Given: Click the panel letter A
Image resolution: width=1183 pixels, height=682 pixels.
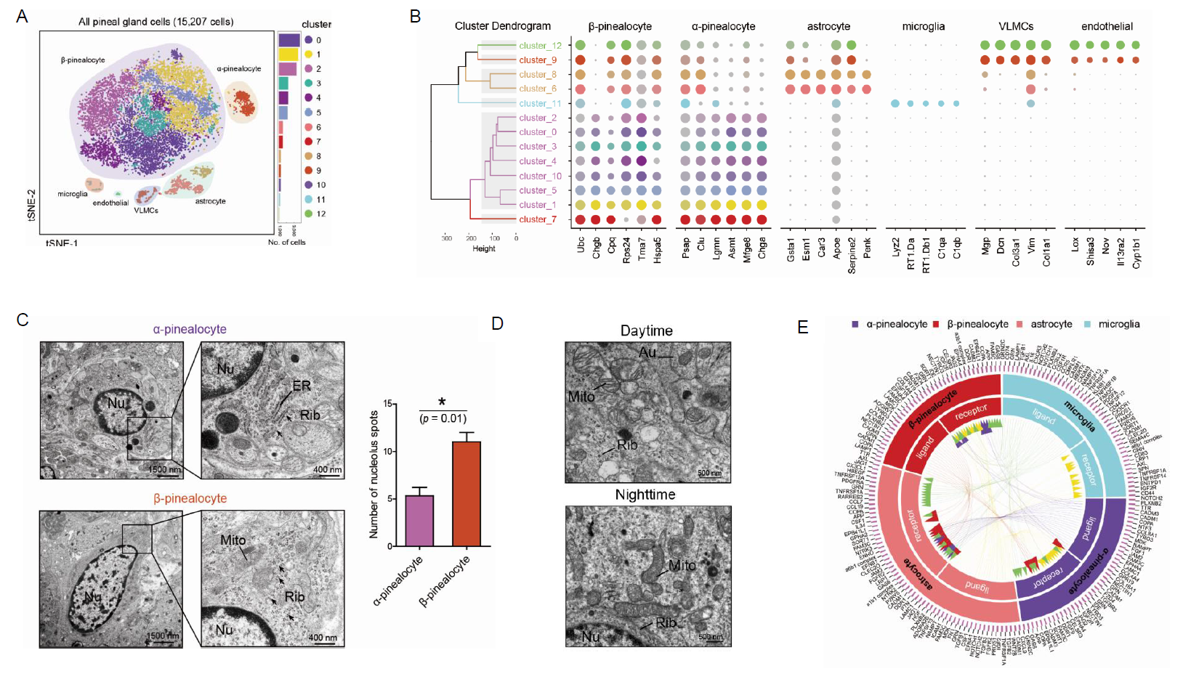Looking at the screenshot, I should (22, 16).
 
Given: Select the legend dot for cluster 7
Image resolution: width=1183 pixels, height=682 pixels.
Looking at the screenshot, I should (309, 142).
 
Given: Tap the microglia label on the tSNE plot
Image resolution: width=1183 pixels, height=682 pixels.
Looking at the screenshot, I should (73, 194).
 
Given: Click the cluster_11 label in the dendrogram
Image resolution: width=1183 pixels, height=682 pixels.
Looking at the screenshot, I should (540, 103).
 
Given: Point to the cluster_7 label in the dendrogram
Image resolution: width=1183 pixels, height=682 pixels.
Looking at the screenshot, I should (538, 219).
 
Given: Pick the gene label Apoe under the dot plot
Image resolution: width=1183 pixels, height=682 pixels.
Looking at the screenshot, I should (836, 248).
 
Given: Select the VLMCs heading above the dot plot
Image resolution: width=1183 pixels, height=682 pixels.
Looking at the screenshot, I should (1015, 26).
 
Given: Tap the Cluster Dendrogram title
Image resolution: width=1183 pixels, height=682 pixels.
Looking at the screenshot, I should (503, 26).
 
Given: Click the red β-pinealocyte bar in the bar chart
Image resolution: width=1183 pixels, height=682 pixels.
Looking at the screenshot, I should (467, 494).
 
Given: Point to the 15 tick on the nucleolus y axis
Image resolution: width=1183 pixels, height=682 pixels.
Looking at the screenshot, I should (388, 404).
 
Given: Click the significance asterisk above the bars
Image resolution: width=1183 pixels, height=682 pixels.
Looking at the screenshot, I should (442, 402).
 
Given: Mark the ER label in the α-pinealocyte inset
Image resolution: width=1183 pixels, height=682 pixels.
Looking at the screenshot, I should (302, 386).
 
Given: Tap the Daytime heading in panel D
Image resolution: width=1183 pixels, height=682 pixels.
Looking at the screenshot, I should (646, 330).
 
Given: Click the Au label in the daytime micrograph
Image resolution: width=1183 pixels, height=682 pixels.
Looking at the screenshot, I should (647, 353).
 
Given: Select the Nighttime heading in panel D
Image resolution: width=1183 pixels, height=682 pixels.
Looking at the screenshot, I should (645, 495).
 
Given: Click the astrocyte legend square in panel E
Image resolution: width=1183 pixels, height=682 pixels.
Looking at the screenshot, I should (1020, 324).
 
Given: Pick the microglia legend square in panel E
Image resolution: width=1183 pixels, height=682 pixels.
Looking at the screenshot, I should (1088, 324).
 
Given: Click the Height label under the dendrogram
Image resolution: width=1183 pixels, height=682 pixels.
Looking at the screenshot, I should (484, 248).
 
